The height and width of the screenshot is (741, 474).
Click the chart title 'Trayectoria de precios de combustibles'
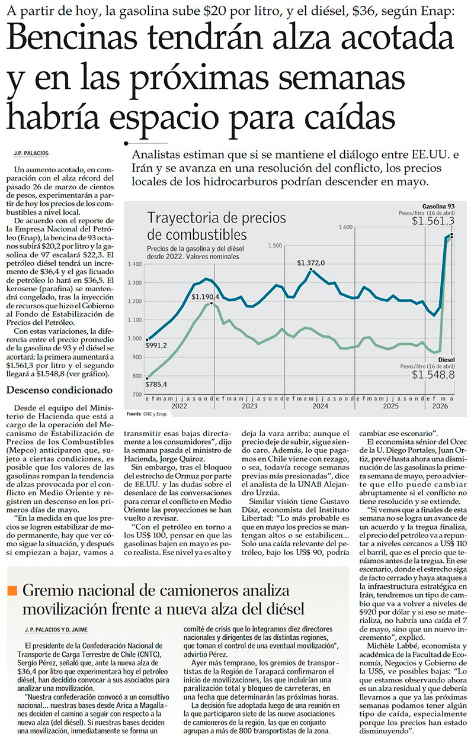[216, 226]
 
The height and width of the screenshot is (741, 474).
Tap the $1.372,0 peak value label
[310, 263]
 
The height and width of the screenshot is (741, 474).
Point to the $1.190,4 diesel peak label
[206, 297]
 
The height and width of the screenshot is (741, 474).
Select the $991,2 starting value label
[156, 346]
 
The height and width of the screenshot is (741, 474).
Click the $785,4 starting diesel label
[156, 384]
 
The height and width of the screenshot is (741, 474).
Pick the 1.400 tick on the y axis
[134, 264]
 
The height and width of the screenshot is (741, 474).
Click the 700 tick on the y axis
[137, 394]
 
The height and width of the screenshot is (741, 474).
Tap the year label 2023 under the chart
[249, 406]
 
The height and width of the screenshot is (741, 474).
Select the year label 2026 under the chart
[440, 406]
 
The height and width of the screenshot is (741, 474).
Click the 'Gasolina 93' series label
[438, 207]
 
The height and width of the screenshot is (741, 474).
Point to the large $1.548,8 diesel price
[433, 375]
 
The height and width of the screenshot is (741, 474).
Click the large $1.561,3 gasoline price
[433, 221]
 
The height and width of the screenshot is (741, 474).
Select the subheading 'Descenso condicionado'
[59, 390]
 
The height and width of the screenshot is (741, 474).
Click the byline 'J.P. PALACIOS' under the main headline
[31, 153]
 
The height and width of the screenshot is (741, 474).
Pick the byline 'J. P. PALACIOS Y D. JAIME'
[56, 630]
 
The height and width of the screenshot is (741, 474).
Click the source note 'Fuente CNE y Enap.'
[147, 414]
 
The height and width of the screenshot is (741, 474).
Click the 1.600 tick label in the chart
[345, 227]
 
